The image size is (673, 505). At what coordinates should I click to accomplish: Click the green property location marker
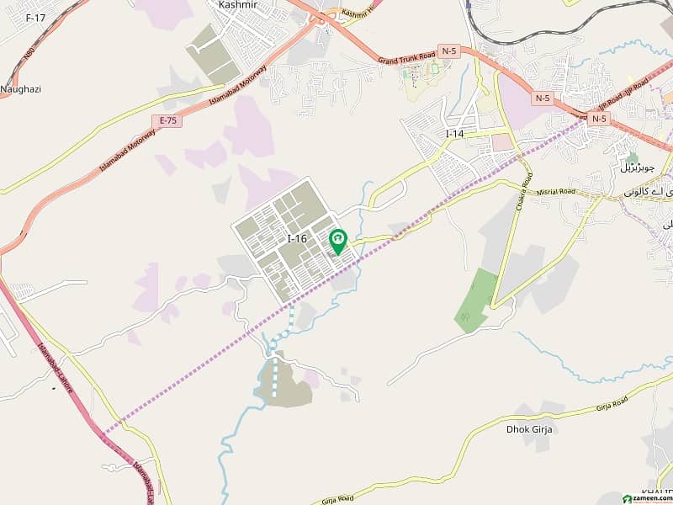[x=337, y=242]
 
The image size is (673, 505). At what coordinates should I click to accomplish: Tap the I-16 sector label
[x=297, y=239]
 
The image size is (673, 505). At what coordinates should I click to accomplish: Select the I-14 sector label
[x=454, y=134]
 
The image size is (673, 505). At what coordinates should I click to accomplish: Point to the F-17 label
[x=35, y=17]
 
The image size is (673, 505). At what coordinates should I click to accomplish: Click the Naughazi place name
[x=21, y=88]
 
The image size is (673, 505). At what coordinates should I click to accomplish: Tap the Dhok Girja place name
[x=528, y=429]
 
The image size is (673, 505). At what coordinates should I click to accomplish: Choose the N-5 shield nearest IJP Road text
[x=598, y=119]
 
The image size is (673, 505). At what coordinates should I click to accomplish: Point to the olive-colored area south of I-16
[x=285, y=388]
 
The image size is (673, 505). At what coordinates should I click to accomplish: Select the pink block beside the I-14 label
[x=502, y=141]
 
